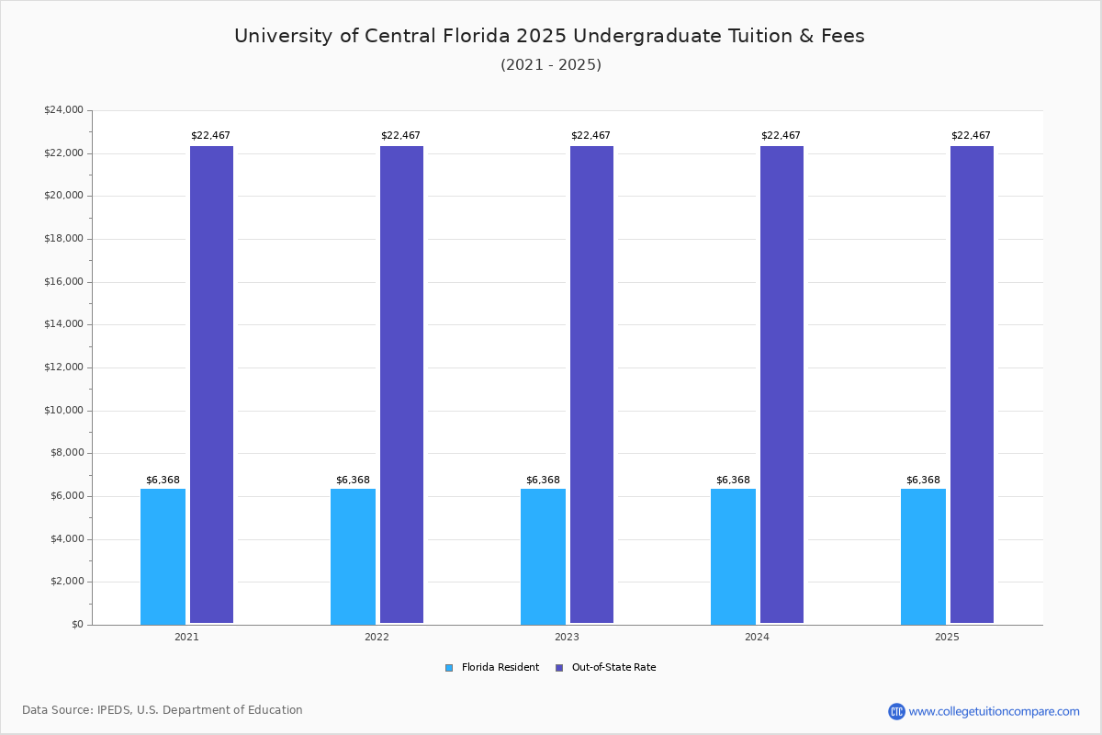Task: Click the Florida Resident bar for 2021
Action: (163, 556)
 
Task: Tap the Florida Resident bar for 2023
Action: (543, 556)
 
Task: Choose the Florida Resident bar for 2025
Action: (923, 556)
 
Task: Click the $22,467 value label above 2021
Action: (210, 136)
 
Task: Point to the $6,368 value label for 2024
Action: (733, 481)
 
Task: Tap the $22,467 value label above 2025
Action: (971, 136)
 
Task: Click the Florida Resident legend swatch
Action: (449, 668)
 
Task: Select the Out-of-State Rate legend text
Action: (613, 668)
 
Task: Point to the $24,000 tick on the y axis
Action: (63, 110)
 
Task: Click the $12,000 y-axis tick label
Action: (63, 367)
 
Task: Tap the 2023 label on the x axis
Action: (567, 637)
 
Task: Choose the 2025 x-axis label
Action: (947, 637)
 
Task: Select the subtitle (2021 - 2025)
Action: (551, 65)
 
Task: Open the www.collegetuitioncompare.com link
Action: (994, 711)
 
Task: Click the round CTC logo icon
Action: (896, 711)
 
